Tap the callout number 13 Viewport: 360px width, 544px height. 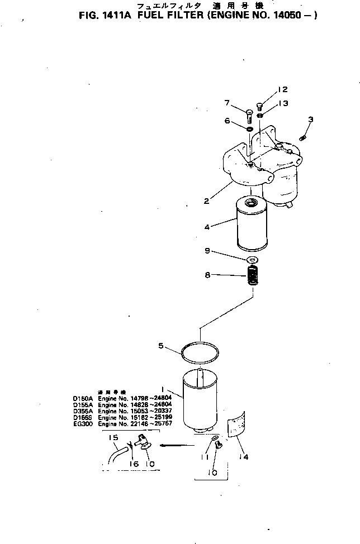tap(283, 103)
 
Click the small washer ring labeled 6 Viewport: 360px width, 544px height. tap(249, 130)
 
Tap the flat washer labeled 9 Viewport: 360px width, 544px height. tap(252, 260)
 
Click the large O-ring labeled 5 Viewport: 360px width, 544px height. tap(200, 352)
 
